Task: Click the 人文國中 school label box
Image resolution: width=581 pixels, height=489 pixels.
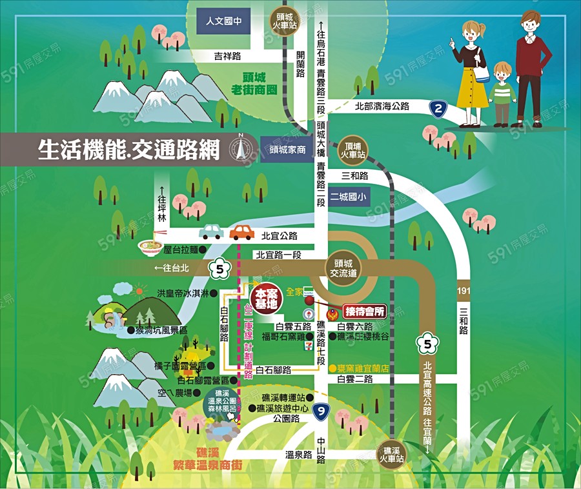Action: pyautogui.click(x=223, y=21)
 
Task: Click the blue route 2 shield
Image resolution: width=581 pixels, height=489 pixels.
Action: pyautogui.click(x=439, y=110)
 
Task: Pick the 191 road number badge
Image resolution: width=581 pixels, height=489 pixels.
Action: pyautogui.click(x=464, y=292)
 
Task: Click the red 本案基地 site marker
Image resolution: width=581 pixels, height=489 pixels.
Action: pyautogui.click(x=266, y=298)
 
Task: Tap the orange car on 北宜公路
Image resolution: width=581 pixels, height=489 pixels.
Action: pyautogui.click(x=242, y=232)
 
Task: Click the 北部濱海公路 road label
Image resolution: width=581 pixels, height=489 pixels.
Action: pyautogui.click(x=382, y=106)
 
